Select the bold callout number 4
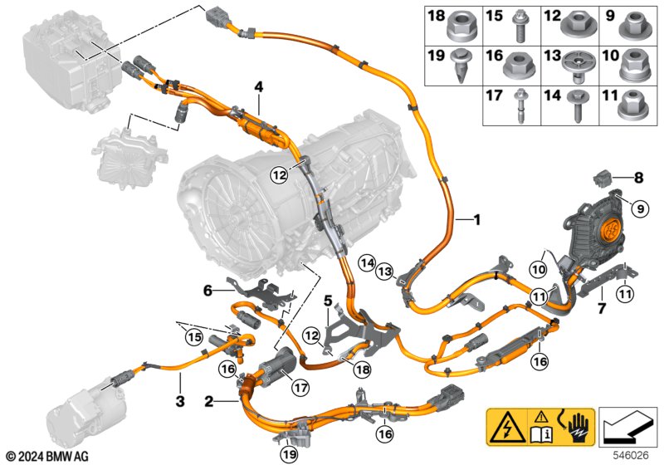point(258,86)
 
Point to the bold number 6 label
point(209,290)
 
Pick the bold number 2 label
point(209,402)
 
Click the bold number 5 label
point(328,300)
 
